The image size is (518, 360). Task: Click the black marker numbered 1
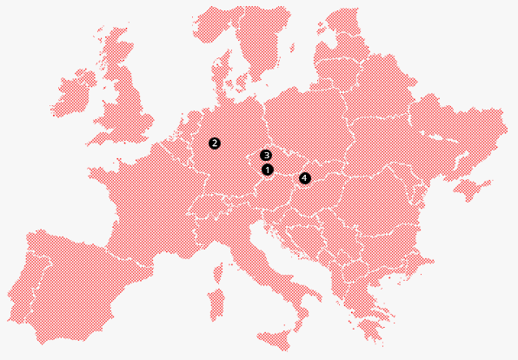point(267,170)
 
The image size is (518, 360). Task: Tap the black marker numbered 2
point(215,143)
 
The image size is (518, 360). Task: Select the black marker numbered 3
point(266,156)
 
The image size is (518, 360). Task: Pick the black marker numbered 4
point(304,178)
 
